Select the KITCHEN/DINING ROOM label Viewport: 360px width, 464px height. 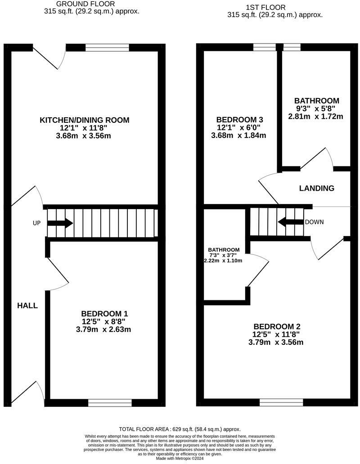pyautogui.click(x=85, y=120)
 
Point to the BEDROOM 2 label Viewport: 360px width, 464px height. pyautogui.click(x=277, y=326)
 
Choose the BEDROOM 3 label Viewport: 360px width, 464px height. pyautogui.click(x=239, y=120)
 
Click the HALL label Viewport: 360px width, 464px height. pyautogui.click(x=27, y=306)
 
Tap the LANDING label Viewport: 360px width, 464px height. pyautogui.click(x=317, y=188)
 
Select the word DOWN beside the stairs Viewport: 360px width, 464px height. pyautogui.click(x=315, y=222)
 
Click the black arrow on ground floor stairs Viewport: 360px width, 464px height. pyautogui.click(x=60, y=223)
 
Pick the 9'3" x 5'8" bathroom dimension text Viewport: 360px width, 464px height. pyautogui.click(x=316, y=108)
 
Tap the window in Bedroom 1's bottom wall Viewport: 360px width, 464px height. pyautogui.click(x=110, y=402)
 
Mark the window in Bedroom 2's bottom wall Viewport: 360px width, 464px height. pyautogui.click(x=281, y=402)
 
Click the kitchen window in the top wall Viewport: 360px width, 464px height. pyautogui.click(x=107, y=47)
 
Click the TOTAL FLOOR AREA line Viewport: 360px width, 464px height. pyautogui.click(x=180, y=429)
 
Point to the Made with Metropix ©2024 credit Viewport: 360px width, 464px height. pyautogui.click(x=180, y=459)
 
